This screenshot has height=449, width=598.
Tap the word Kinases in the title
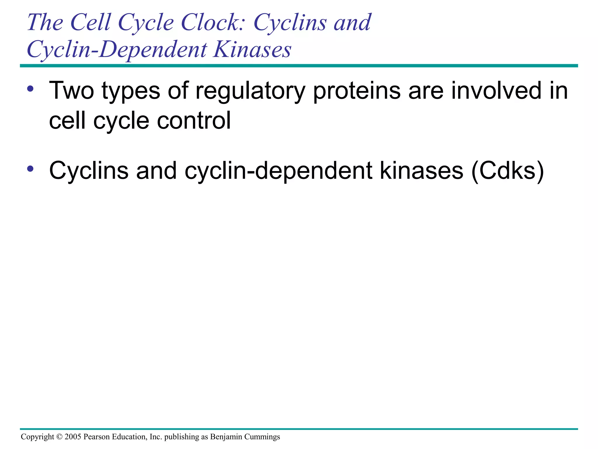pos(252,49)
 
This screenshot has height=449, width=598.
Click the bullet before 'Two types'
pos(30,88)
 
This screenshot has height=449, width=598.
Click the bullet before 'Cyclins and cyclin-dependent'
pos(30,169)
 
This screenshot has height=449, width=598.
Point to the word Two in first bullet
pos(72,91)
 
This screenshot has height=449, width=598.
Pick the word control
pos(194,120)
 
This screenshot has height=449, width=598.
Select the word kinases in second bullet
pos(422,171)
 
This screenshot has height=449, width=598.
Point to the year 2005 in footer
pos(73,437)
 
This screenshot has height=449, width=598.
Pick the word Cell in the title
pos(91,23)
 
